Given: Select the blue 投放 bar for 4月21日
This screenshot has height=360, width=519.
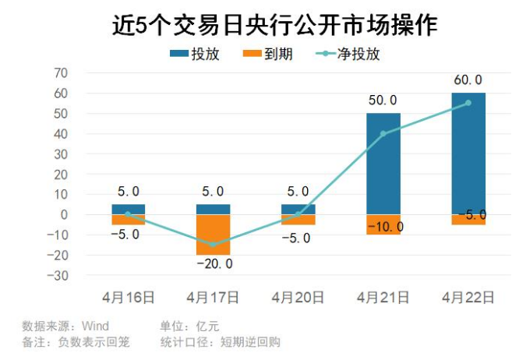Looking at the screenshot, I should pyautogui.click(x=383, y=164).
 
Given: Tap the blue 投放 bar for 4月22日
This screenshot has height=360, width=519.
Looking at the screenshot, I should pyautogui.click(x=468, y=154).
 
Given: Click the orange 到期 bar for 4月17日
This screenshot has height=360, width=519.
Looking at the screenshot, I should pyautogui.click(x=213, y=235).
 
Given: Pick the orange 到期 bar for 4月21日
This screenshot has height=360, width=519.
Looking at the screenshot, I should pyautogui.click(x=383, y=224).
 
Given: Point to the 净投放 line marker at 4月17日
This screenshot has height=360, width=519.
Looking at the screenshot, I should pyautogui.click(x=213, y=245).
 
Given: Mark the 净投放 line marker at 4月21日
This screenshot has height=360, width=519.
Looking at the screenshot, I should pyautogui.click(x=383, y=133).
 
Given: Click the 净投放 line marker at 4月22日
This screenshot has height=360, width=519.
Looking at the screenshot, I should pyautogui.click(x=468, y=103).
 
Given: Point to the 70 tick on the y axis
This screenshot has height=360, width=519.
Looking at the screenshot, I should pyautogui.click(x=60, y=73).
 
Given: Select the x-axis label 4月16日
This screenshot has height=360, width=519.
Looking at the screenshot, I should pyautogui.click(x=128, y=297).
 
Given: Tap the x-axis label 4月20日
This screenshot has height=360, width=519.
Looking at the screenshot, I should pyautogui.click(x=298, y=297).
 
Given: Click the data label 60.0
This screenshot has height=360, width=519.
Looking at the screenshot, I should pyautogui.click(x=468, y=81).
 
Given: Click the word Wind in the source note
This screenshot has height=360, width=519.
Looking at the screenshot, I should pyautogui.click(x=95, y=326).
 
